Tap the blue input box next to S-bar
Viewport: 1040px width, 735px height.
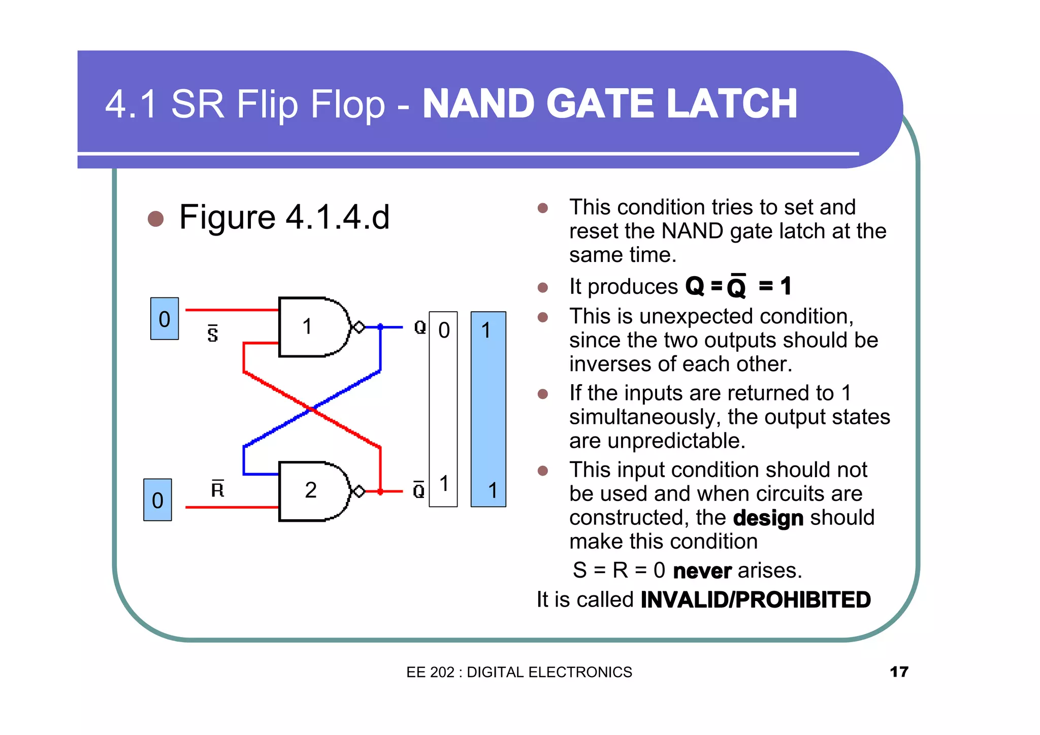pyautogui.click(x=165, y=319)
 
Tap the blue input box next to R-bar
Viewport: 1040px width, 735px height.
pyautogui.click(x=157, y=500)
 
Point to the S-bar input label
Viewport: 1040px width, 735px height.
pyautogui.click(x=213, y=333)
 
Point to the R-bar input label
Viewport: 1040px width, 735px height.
pyautogui.click(x=217, y=489)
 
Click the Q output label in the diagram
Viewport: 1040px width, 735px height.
pyautogui.click(x=420, y=327)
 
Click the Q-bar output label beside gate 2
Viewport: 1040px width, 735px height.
pyautogui.click(x=419, y=490)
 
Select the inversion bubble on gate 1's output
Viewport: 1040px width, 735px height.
pyautogui.click(x=359, y=327)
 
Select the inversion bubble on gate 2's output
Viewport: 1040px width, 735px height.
pyautogui.click(x=359, y=491)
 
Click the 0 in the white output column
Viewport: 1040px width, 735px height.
pyautogui.click(x=444, y=330)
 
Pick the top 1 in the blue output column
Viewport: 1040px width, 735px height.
pyautogui.click(x=486, y=330)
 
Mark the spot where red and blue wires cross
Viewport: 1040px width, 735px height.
pyautogui.click(x=311, y=409)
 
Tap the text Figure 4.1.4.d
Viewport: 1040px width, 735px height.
pyautogui.click(x=284, y=217)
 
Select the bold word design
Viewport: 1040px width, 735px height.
pyautogui.click(x=768, y=518)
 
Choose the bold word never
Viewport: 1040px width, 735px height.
pyautogui.click(x=702, y=571)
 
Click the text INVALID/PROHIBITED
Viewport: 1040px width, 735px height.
pyautogui.click(x=756, y=600)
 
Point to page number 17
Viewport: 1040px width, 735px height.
pyautogui.click(x=899, y=672)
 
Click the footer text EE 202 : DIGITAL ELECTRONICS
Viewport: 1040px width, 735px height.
pyautogui.click(x=519, y=672)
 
